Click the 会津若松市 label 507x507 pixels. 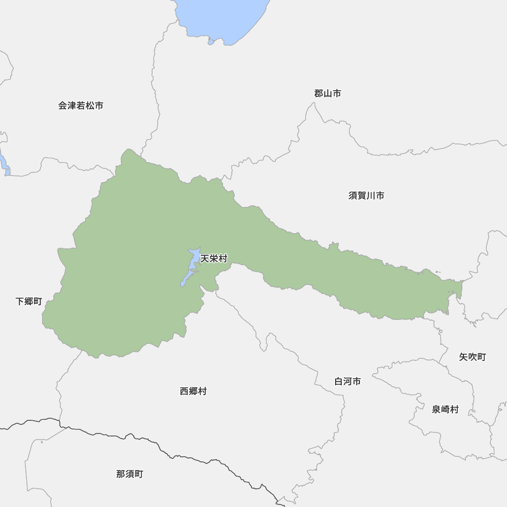[81, 106]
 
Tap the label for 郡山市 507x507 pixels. [327, 93]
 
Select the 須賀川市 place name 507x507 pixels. [366, 196]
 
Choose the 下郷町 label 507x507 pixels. [28, 302]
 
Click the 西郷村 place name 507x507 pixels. [193, 391]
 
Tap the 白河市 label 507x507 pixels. [347, 381]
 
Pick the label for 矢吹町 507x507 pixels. [472, 357]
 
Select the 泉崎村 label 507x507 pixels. [445, 410]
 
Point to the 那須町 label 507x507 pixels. [129, 475]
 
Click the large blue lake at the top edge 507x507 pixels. [223, 18]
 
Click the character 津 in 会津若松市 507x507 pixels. [71, 106]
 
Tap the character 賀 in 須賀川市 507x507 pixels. [361, 196]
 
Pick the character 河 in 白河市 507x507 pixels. [347, 381]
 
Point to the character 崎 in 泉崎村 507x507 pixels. [445, 410]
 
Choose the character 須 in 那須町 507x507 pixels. [129, 475]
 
